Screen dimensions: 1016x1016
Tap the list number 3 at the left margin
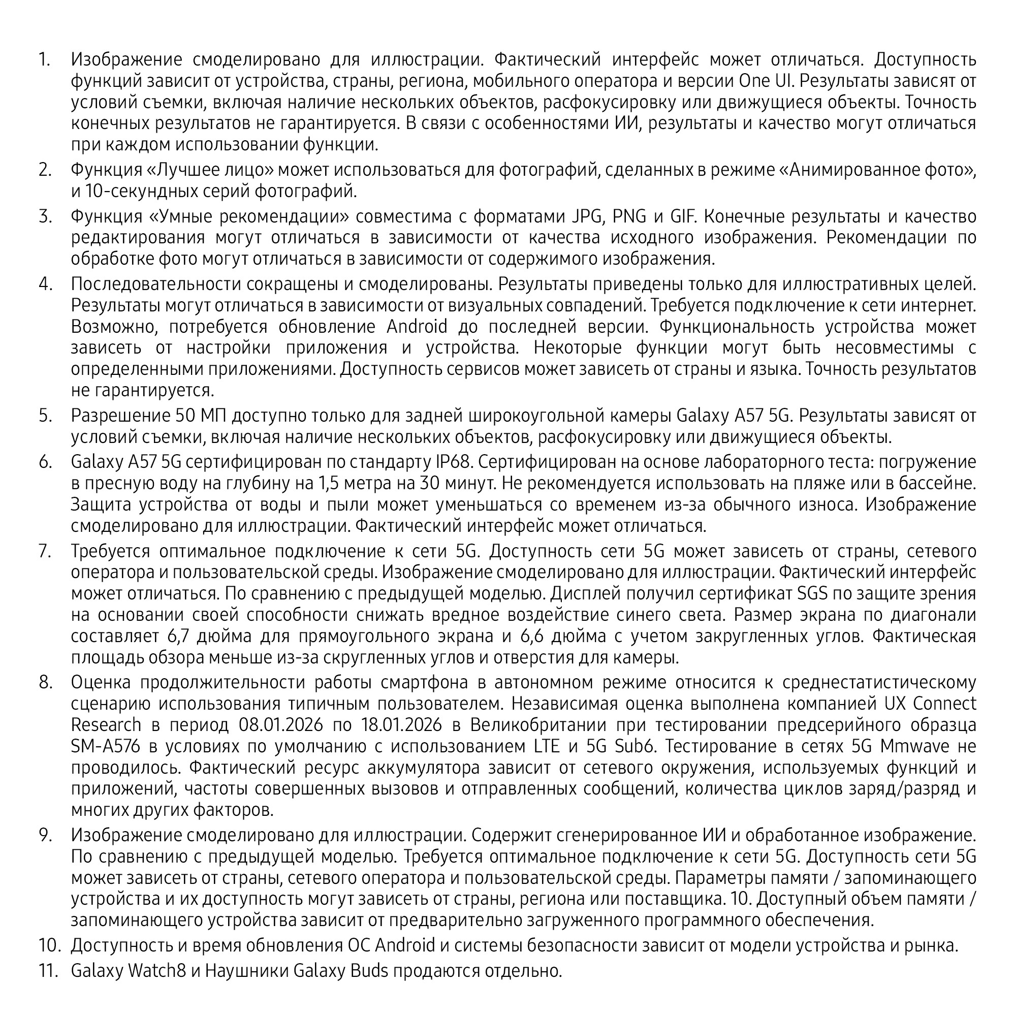45,216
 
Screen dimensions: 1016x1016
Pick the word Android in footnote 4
417,327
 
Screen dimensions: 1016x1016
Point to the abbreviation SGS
812,593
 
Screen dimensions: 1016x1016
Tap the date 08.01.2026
281,725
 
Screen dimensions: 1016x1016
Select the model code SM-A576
105,746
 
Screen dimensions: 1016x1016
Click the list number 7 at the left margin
45,551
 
